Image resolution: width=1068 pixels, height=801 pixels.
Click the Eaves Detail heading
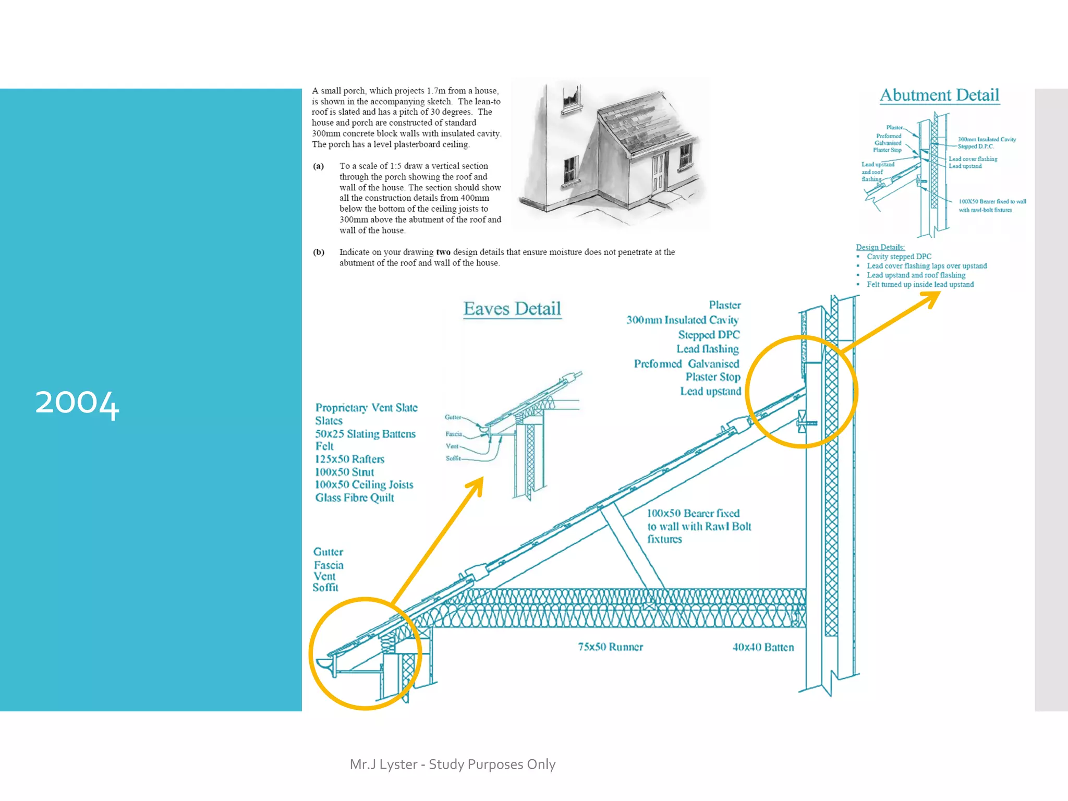pos(512,309)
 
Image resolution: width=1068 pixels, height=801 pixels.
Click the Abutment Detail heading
pos(939,95)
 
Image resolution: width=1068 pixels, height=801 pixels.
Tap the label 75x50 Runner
pos(610,647)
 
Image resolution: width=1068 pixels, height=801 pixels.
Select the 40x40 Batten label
pos(763,648)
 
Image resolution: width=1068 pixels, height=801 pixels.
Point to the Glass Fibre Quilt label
pos(355,498)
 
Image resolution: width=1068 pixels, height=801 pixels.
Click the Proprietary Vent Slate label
pos(366,408)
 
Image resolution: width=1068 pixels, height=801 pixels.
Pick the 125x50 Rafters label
pos(349,459)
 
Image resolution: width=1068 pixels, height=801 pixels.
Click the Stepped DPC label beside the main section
pos(709,335)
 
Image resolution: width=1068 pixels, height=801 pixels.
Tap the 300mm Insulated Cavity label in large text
pos(682,320)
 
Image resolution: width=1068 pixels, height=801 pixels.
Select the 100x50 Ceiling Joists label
pos(364,485)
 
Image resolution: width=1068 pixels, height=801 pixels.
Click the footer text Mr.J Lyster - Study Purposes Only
pos(453,764)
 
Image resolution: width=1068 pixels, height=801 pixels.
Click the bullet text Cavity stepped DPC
pos(899,257)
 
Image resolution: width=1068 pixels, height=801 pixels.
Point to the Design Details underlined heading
pos(880,247)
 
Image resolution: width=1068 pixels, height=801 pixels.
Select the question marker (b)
pos(319,252)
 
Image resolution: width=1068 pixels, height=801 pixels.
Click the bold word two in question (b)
pos(443,252)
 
